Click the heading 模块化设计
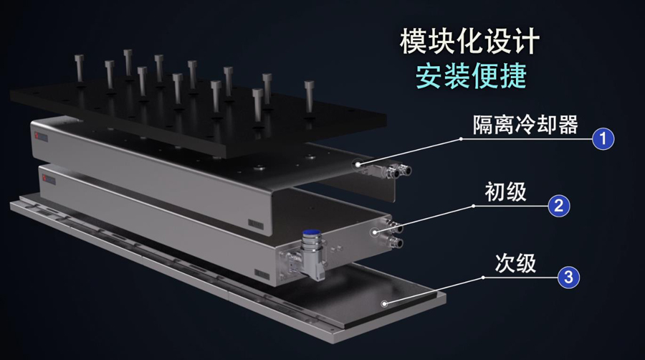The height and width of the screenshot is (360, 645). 469,41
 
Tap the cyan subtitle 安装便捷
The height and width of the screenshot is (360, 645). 471,76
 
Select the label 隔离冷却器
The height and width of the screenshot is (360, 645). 525,125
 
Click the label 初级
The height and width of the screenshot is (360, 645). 505,191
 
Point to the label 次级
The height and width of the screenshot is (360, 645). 515,263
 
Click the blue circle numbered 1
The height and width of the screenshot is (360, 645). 603,138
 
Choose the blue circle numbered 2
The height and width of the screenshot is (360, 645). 558,206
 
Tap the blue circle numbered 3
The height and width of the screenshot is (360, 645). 568,277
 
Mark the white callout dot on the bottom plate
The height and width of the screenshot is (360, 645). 384,304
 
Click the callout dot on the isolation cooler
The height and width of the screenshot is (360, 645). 358,164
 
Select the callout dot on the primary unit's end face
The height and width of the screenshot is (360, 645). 375,232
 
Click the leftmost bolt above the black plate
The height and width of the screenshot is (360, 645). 80,68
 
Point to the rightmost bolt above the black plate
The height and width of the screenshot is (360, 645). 310,97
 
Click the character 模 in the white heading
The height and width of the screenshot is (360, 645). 413,41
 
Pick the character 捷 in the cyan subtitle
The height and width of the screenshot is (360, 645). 513,76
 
